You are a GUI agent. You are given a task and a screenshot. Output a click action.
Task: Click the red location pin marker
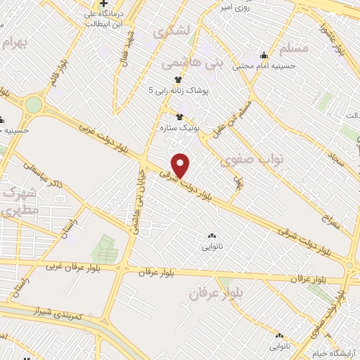pyautogui.click(x=181, y=165)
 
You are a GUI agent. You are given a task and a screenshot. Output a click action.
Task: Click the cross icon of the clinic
pyautogui.click(x=103, y=4)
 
